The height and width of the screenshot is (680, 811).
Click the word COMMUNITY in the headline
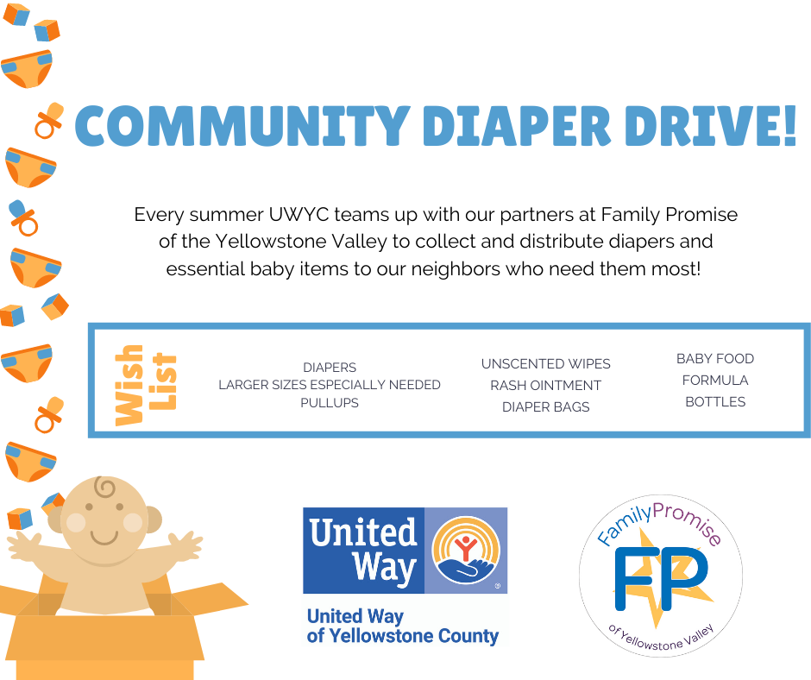(242, 126)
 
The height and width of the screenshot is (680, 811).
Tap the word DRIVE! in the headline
(711, 126)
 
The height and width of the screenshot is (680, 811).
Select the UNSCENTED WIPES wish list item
(545, 364)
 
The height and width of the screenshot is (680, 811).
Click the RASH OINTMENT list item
(545, 386)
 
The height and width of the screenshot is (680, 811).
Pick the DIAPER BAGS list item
(545, 407)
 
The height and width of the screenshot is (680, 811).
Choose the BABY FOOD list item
(715, 359)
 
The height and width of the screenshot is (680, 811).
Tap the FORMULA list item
(715, 381)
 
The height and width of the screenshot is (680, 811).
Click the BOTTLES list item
(715, 402)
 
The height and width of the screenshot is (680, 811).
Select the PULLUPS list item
(330, 403)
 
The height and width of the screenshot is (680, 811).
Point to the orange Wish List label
(146, 385)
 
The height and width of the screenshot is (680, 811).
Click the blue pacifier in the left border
(23, 217)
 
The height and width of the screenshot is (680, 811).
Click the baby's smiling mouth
(104, 537)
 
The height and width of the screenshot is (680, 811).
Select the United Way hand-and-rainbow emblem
(466, 550)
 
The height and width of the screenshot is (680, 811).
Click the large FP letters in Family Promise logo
(661, 579)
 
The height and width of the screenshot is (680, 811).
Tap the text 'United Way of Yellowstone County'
(402, 626)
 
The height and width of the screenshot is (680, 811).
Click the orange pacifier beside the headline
(49, 120)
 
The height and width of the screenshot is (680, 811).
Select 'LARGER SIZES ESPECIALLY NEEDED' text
(330, 385)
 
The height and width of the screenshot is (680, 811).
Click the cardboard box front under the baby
(106, 647)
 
